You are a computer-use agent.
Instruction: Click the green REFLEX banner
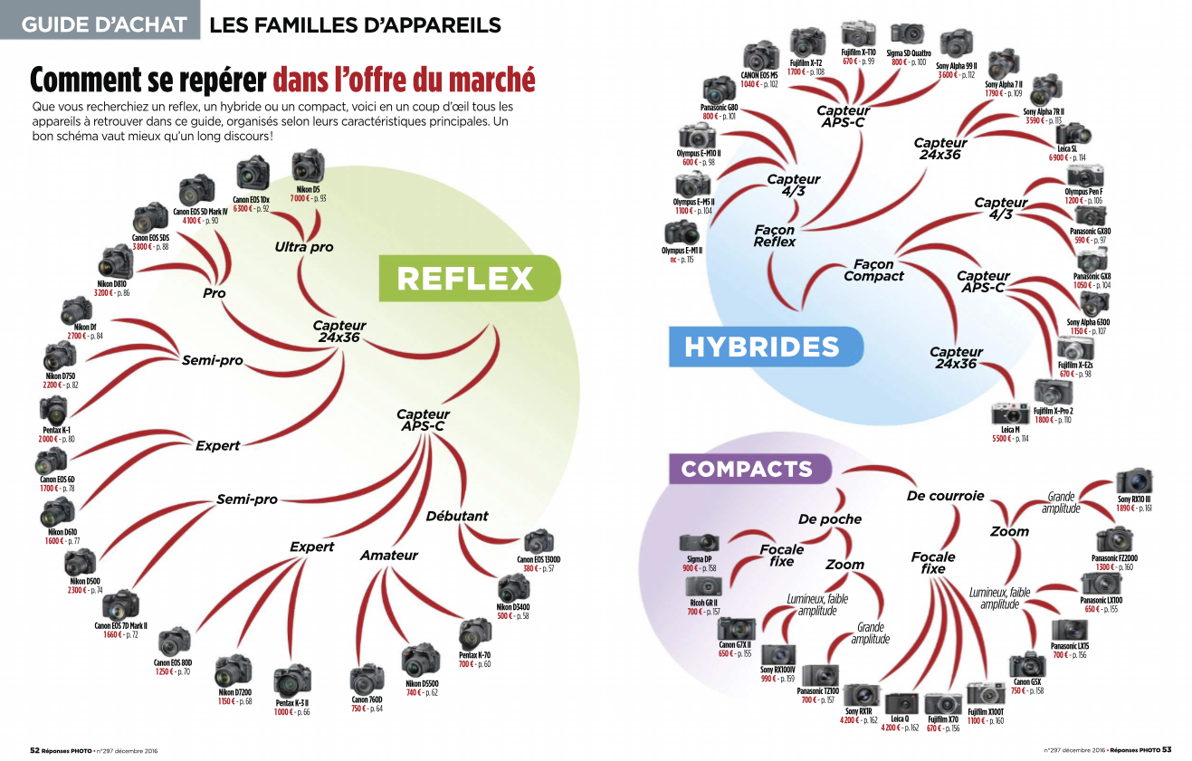tap(465, 279)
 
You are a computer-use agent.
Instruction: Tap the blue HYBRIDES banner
tap(761, 347)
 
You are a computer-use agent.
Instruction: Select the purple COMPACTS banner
tap(748, 469)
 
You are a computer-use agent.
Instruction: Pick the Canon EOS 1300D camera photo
tap(539, 542)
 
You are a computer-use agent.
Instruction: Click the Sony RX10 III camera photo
tap(1134, 481)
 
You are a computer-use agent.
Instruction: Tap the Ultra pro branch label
tap(304, 246)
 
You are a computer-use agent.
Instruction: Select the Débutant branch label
tap(457, 516)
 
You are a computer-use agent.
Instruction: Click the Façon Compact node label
tap(873, 271)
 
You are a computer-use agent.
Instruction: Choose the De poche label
tap(829, 519)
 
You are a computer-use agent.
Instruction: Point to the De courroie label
tap(945, 496)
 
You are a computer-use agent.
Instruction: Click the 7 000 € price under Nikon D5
tap(300, 198)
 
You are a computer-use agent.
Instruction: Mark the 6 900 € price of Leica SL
tap(1061, 157)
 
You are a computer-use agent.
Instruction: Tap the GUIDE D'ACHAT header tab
tap(100, 24)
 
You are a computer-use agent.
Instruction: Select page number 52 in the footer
tap(34, 749)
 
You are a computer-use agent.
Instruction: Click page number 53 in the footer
tap(1168, 749)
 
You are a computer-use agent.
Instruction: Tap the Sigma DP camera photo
tap(699, 544)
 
